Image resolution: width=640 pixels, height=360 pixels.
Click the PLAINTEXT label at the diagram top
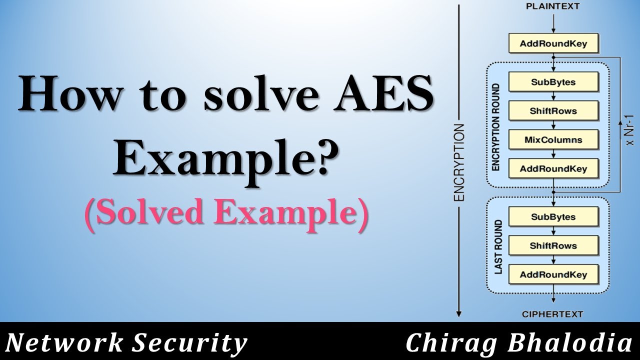click(x=552, y=6)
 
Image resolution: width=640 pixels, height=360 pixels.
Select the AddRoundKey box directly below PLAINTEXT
click(x=552, y=43)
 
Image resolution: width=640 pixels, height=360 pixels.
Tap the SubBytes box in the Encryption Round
click(x=552, y=81)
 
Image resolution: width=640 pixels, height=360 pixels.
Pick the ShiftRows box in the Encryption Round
click(x=552, y=110)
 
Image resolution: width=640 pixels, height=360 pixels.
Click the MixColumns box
click(x=552, y=139)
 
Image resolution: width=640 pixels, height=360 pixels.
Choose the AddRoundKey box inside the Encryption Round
click(x=552, y=168)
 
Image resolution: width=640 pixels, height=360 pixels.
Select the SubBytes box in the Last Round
click(x=552, y=217)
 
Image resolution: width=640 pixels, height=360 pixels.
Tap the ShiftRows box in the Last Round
click(x=552, y=245)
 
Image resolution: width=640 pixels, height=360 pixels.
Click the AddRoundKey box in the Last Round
click(x=552, y=274)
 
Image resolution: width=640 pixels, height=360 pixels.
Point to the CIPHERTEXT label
click(x=552, y=314)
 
